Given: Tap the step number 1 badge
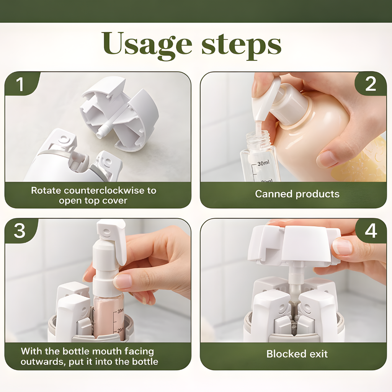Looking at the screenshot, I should coord(20,84).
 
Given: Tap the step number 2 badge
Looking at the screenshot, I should coord(371,84).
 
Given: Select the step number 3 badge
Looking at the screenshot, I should coord(20,231).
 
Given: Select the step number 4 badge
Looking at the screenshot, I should coord(371,231).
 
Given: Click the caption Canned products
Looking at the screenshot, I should coord(297,194).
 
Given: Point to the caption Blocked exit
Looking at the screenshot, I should coord(297,354).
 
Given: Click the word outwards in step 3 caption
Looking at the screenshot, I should coord(42,362).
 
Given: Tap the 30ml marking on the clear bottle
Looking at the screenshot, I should coord(263,163).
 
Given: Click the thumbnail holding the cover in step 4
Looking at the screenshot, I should coord(342,247).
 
